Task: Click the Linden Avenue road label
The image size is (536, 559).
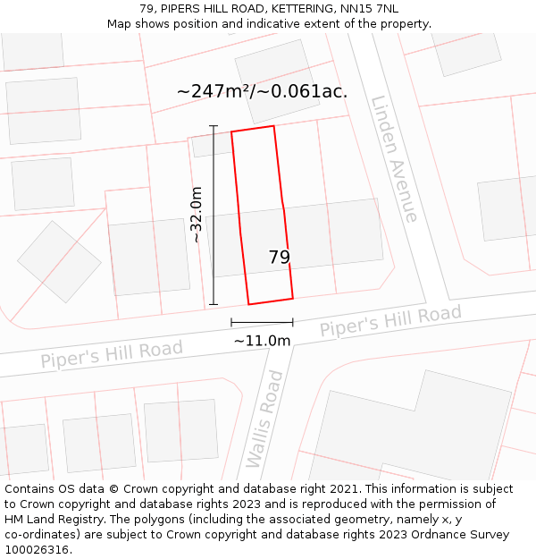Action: coord(394,158)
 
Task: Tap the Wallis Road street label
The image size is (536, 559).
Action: coord(265,419)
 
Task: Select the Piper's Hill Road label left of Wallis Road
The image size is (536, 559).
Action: coord(112,353)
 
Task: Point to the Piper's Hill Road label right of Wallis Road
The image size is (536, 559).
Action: coord(390,321)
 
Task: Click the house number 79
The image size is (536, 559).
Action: coord(279,258)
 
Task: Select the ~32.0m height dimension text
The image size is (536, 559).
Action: coord(197,215)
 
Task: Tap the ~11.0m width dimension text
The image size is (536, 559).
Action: coord(262,341)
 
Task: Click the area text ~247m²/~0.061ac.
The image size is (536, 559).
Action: coord(262,91)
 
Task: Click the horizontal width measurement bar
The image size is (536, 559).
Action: coord(262,322)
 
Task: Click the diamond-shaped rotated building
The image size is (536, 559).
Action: coord(59,261)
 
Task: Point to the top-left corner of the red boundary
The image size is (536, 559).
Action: coord(231,132)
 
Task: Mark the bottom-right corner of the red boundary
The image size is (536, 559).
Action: coord(293,298)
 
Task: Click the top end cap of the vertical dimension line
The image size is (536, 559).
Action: coord(214,126)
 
